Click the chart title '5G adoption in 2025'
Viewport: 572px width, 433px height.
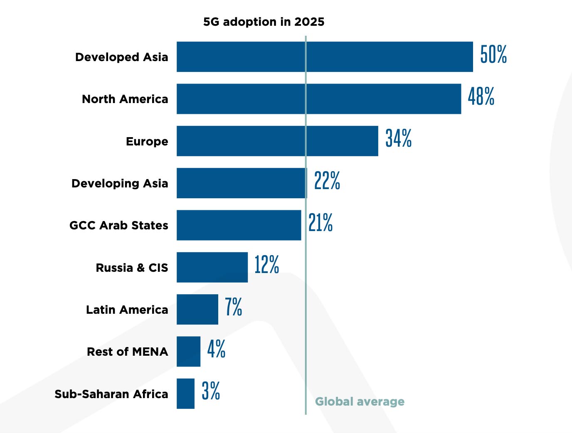pos(264,22)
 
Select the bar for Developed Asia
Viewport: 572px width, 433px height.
pos(325,57)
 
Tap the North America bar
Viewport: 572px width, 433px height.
pos(319,99)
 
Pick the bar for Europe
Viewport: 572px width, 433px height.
pos(277,141)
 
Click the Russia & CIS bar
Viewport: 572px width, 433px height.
pos(212,267)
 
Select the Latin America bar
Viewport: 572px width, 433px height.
pos(197,309)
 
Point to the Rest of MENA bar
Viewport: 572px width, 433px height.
pos(188,352)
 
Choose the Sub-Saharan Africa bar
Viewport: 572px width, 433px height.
pos(185,394)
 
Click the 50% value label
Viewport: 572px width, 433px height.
pos(493,54)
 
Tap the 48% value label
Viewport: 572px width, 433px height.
pos(481,96)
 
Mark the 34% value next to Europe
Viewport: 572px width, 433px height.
pos(398,138)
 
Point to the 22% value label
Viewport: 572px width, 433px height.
pos(327,181)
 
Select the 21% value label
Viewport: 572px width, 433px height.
pos(321,223)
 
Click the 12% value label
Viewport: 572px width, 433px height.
pos(266,265)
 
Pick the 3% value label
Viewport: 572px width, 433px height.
pos(211,391)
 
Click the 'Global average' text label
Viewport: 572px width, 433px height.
pos(360,401)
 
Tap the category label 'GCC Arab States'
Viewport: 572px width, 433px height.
pos(119,225)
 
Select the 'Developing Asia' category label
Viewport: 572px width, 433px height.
pos(120,183)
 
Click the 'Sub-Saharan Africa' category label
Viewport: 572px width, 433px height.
pos(111,394)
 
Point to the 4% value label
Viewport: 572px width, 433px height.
pos(216,349)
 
